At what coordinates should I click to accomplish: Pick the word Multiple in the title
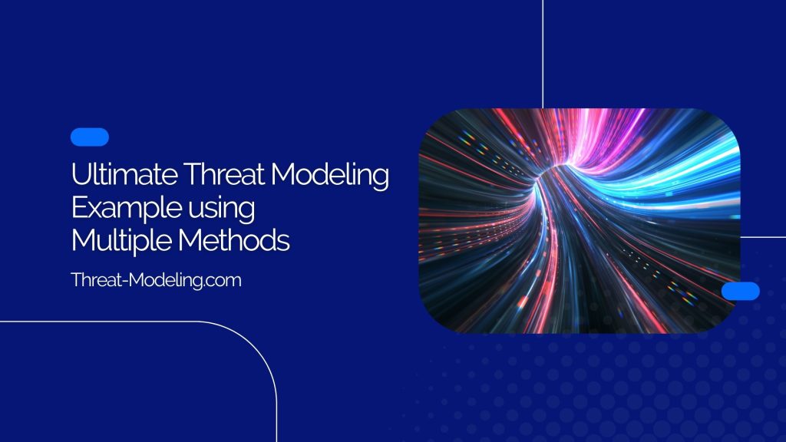(x=121, y=242)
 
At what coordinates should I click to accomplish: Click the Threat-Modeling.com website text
(x=156, y=280)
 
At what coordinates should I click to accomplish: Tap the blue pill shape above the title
(x=89, y=137)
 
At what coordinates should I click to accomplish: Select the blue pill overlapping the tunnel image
(x=741, y=291)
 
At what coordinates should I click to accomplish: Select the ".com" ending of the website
(x=223, y=281)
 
